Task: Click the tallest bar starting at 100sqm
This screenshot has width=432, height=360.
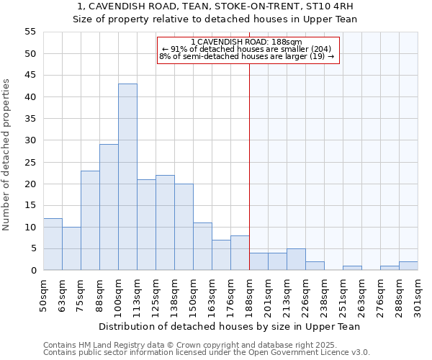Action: click(127, 177)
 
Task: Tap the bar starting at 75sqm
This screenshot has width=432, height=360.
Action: click(90, 220)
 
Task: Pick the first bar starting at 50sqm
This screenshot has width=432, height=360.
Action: click(53, 244)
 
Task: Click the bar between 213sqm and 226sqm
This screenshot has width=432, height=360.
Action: click(296, 259)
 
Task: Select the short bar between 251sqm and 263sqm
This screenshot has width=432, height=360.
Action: click(352, 268)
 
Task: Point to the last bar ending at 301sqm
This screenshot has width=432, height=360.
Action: click(408, 266)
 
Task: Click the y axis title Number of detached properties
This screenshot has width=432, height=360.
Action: click(6, 155)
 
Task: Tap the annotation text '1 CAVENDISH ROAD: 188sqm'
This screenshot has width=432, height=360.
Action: click(247, 42)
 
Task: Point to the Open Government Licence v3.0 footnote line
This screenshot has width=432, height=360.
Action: click(206, 352)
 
